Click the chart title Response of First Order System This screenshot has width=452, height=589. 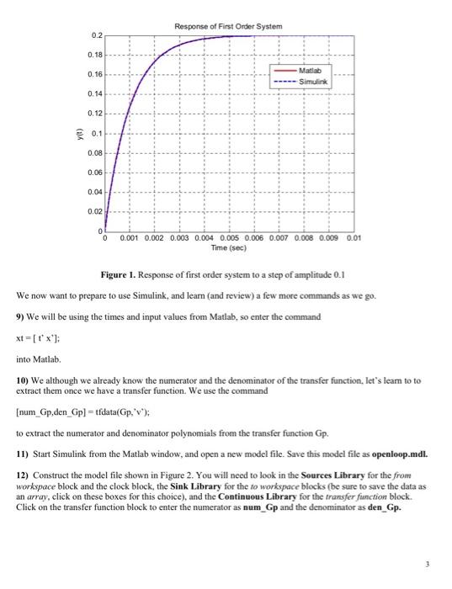click(x=227, y=26)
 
